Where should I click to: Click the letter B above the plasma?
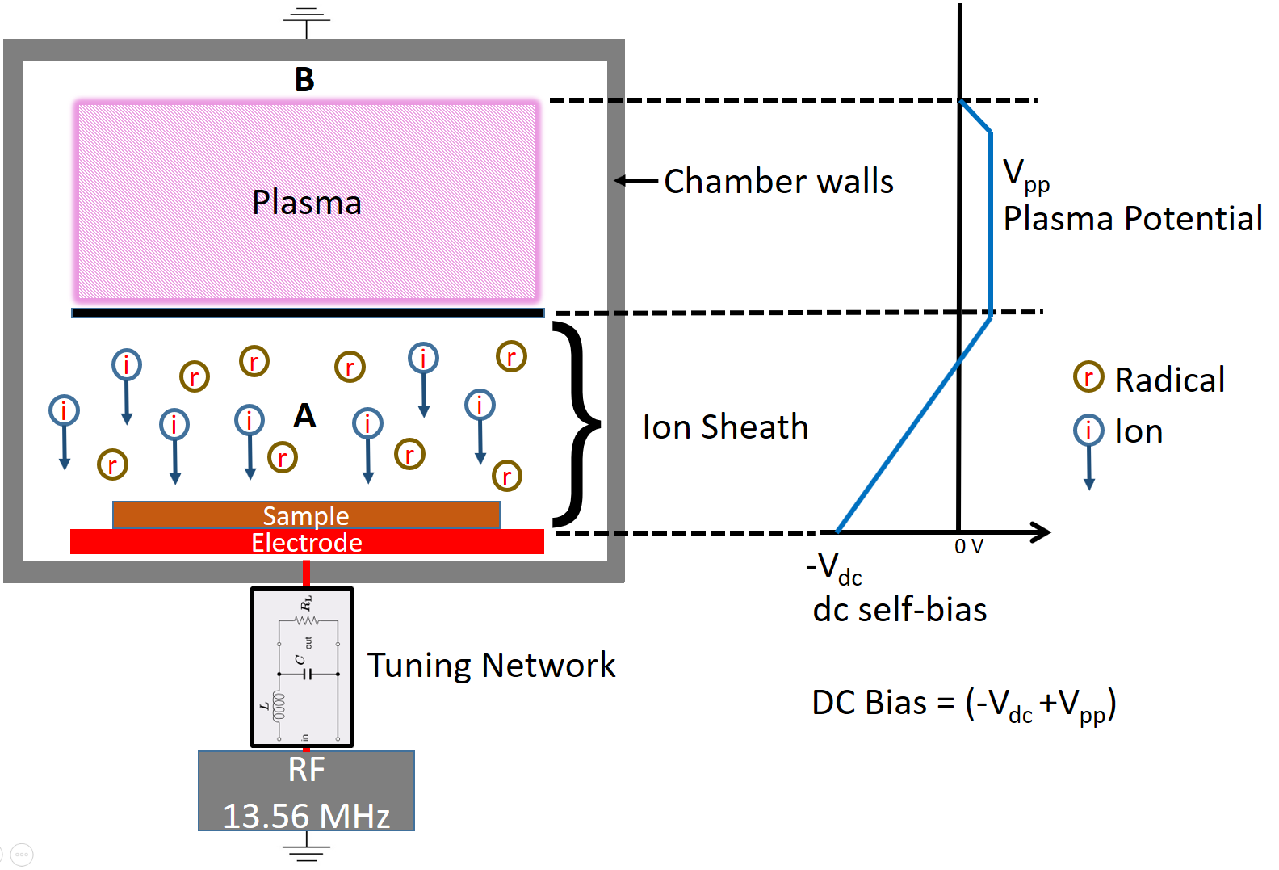coord(304,80)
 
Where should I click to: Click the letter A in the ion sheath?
coord(304,416)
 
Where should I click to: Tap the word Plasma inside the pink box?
coord(306,202)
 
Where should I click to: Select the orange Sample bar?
coord(306,515)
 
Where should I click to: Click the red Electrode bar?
coord(306,542)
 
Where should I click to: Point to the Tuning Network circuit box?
coord(302,667)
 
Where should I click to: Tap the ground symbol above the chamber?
coord(306,21)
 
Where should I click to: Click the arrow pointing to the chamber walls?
coord(636,180)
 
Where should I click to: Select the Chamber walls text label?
coord(778,181)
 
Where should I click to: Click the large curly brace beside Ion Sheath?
coord(578,423)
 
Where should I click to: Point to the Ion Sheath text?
coord(724,427)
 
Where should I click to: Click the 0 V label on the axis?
coord(968,547)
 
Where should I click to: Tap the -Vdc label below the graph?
coord(834,568)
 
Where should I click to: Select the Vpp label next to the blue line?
coord(1025,176)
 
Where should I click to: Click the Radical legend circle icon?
coord(1088,376)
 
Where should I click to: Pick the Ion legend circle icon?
coord(1088,430)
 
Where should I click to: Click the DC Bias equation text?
coord(963,704)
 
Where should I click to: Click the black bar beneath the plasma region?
coord(307,313)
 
